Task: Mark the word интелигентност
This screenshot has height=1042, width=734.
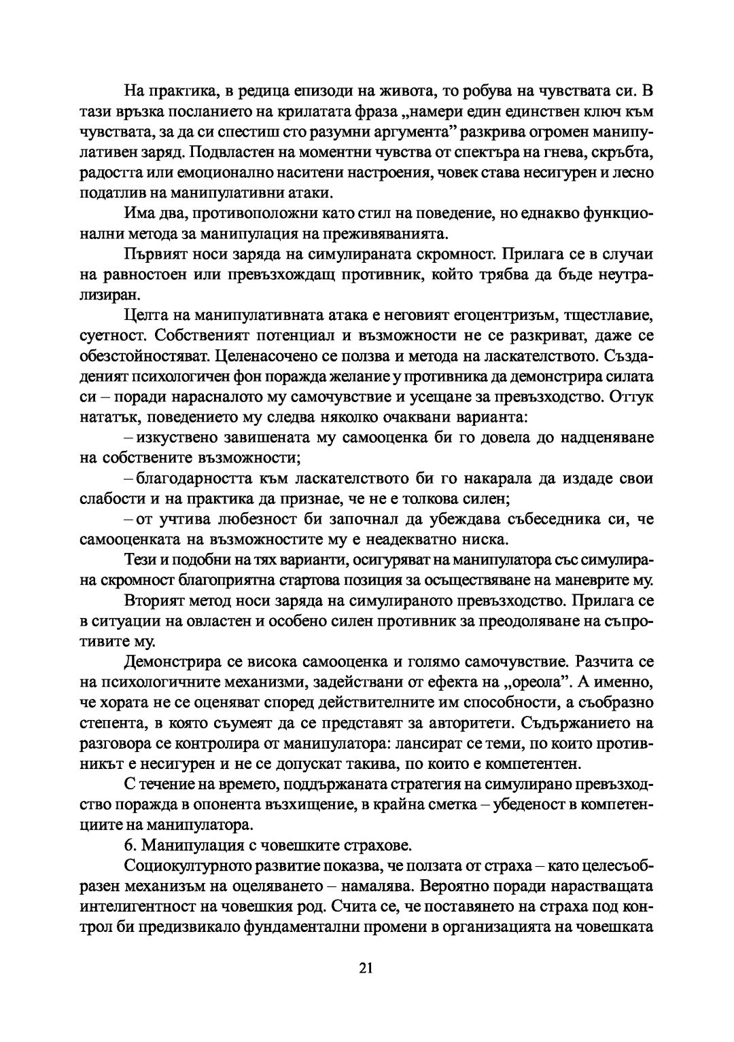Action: [x=138, y=906]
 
